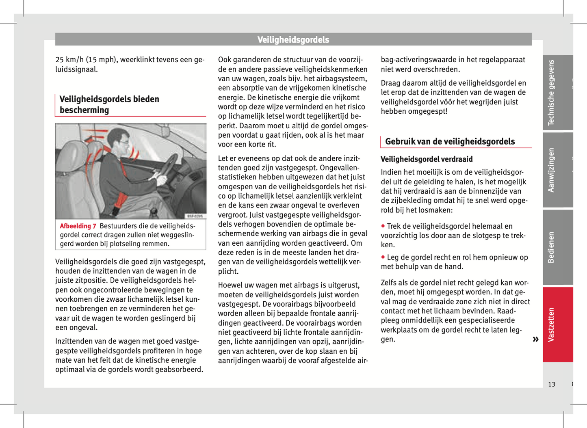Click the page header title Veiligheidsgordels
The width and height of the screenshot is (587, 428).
(293, 40)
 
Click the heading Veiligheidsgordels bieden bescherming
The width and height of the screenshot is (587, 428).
(109, 104)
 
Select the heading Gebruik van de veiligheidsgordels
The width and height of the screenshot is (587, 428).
(450, 142)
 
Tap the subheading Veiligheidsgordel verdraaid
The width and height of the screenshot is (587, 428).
(427, 159)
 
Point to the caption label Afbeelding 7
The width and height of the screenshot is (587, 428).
(78, 226)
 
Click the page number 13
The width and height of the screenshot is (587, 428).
(551, 384)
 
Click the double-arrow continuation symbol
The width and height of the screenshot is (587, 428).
(535, 339)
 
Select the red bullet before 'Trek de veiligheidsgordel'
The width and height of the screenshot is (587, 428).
(383, 226)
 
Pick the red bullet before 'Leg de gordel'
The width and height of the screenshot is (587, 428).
(383, 257)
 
